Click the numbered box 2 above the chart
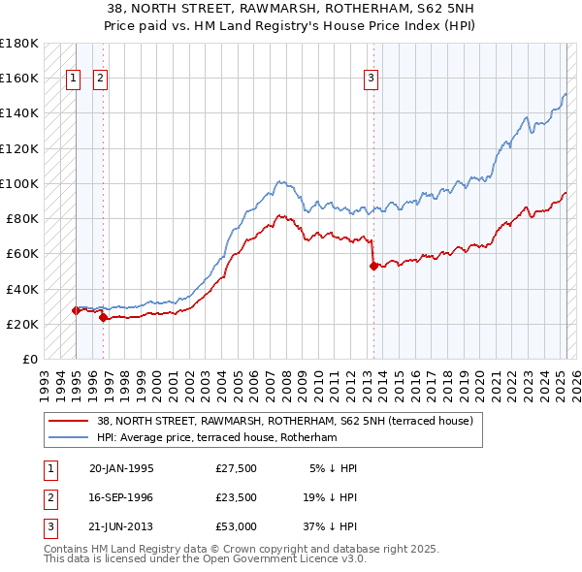(101, 80)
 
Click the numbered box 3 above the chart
(372, 80)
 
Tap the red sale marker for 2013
(373, 265)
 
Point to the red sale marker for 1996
(103, 317)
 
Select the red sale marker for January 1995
(76, 310)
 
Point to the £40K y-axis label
(22, 289)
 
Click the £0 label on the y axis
(31, 359)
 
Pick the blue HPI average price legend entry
(216, 438)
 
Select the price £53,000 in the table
(237, 526)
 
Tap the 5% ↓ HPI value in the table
(333, 468)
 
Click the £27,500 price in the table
(237, 468)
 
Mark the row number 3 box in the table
(48, 526)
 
